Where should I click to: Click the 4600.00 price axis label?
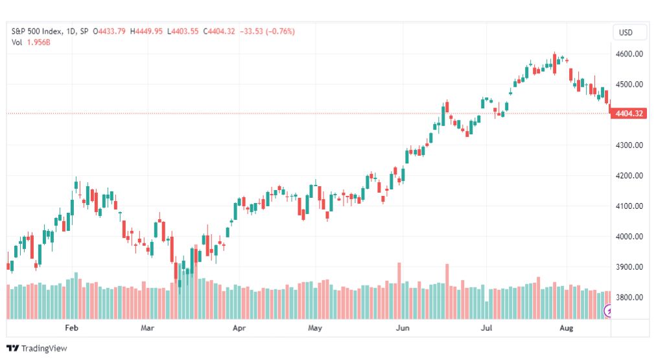click(x=629, y=54)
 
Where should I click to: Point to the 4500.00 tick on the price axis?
click(x=629, y=84)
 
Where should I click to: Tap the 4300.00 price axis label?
click(x=629, y=145)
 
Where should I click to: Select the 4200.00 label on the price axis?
click(x=629, y=176)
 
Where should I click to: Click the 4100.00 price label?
click(x=629, y=206)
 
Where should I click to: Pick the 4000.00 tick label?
click(x=629, y=237)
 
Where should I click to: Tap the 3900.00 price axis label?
click(x=629, y=267)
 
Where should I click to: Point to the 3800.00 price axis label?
click(x=629, y=298)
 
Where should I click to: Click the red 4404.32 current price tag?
click(x=629, y=114)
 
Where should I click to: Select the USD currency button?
click(x=626, y=32)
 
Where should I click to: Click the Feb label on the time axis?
click(x=71, y=328)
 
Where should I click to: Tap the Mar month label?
click(x=147, y=328)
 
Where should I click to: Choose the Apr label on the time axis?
click(x=239, y=328)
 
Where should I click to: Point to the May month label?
click(x=315, y=328)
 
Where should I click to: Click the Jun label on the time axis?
click(x=403, y=328)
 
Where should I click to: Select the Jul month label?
click(x=486, y=328)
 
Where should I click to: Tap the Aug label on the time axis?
click(x=566, y=328)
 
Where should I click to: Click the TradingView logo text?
click(x=44, y=348)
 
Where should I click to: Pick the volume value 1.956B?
click(x=38, y=42)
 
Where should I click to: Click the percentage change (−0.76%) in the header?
click(x=280, y=31)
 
